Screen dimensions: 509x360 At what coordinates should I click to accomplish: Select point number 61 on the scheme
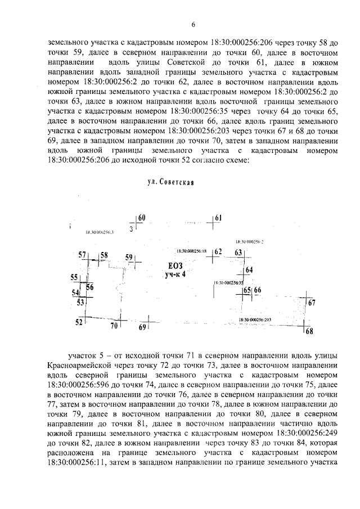pyautogui.click(x=218, y=218)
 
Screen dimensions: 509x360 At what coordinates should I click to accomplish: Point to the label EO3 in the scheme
pyautogui.click(x=176, y=265)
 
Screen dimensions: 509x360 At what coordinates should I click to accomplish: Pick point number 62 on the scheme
pyautogui.click(x=218, y=251)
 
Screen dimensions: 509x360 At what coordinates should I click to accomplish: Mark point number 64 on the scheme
pyautogui.click(x=249, y=271)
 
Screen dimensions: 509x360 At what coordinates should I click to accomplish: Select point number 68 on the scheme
pyautogui.click(x=309, y=331)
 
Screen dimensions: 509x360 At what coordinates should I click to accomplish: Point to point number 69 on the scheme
pyautogui.click(x=142, y=327)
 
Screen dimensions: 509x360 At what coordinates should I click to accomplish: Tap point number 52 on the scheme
pyautogui.click(x=79, y=322)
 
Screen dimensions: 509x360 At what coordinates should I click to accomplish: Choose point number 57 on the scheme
pyautogui.click(x=82, y=255)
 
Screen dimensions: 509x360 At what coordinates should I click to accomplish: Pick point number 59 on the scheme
pyautogui.click(x=129, y=258)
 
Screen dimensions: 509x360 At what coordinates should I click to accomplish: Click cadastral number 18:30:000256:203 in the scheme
pyautogui.click(x=255, y=319)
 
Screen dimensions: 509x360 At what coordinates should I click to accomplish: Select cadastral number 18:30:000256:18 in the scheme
pyautogui.click(x=191, y=251)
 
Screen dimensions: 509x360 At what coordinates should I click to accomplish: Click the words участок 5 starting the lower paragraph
pyautogui.click(x=87, y=357)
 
